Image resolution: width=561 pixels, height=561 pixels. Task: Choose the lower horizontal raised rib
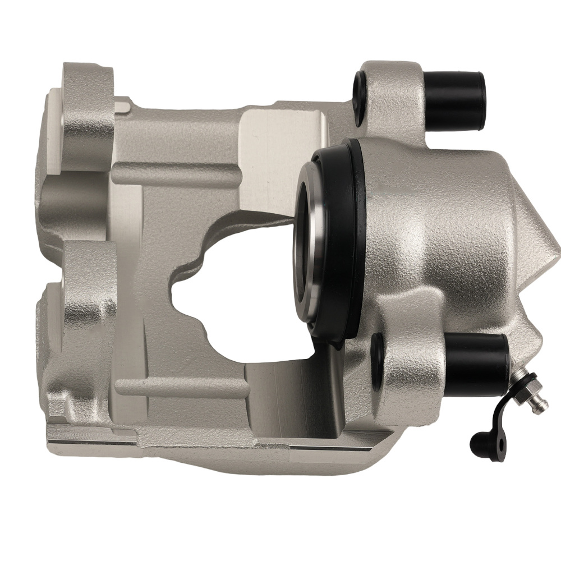[180, 387]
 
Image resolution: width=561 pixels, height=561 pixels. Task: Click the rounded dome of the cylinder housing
[438, 224]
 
